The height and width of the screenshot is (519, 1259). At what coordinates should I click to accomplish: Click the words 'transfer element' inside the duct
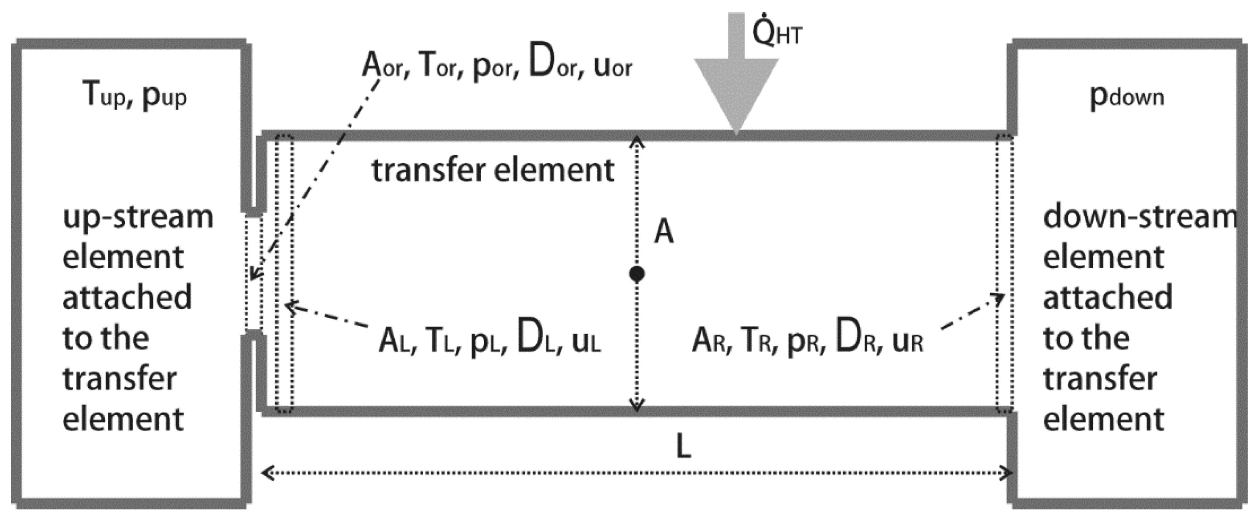[493, 170]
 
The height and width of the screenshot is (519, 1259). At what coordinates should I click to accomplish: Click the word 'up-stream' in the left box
[138, 218]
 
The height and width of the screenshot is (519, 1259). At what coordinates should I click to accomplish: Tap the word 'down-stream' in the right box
[1140, 218]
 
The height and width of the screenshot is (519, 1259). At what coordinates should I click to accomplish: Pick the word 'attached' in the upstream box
[127, 297]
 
